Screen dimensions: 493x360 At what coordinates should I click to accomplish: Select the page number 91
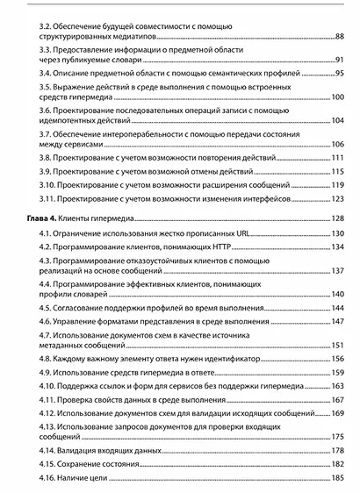339,61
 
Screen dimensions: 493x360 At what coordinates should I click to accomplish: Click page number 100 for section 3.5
337,97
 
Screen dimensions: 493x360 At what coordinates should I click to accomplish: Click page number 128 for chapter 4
337,218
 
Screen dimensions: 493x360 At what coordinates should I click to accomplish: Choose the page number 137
337,272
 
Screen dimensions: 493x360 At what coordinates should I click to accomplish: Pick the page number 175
337,436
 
